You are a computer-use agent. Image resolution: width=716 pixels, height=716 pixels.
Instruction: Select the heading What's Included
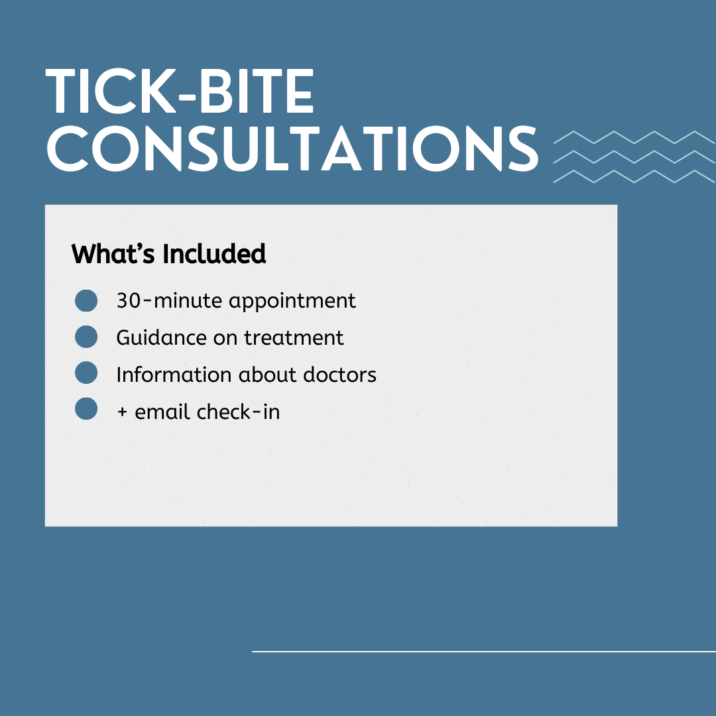click(168, 254)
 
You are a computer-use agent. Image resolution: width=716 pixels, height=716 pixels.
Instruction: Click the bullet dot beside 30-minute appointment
click(86, 300)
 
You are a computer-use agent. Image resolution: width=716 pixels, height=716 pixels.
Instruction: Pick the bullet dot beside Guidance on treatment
click(86, 337)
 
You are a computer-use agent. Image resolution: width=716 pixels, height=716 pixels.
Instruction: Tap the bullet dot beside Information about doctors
click(86, 373)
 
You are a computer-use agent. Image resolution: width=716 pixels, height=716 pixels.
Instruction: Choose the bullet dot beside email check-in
click(86, 408)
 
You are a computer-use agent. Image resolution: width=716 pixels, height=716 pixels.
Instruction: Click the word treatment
click(294, 338)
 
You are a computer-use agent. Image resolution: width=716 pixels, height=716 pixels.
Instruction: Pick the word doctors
click(339, 375)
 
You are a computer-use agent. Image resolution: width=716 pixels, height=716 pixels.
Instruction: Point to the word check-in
click(238, 412)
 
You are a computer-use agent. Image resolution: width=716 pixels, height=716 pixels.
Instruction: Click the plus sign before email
click(122, 412)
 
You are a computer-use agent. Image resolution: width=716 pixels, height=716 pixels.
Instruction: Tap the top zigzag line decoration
click(634, 137)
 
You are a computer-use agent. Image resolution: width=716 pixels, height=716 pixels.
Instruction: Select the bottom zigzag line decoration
click(634, 177)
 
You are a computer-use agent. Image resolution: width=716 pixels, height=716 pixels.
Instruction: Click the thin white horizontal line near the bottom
click(484, 652)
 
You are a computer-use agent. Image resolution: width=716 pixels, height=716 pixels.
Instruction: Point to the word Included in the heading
click(214, 254)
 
